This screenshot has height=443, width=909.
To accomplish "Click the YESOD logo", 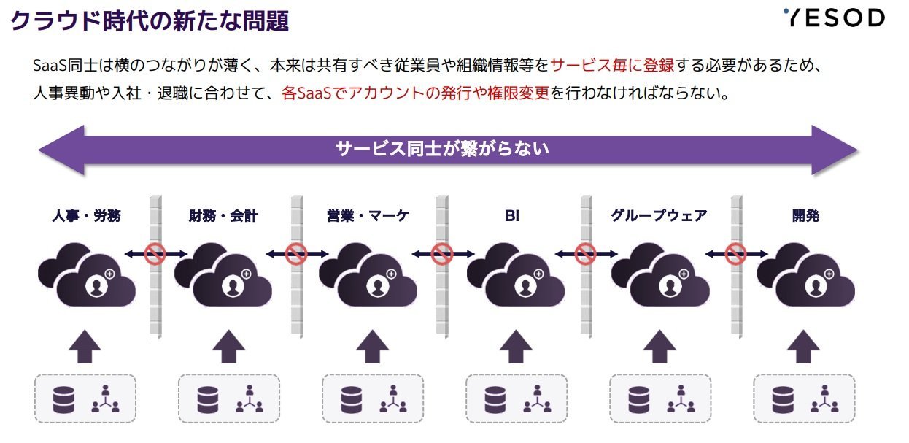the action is (x=834, y=18).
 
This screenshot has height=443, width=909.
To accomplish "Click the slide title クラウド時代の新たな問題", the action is (x=150, y=20).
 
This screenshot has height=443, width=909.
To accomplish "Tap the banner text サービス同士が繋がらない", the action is (x=442, y=149).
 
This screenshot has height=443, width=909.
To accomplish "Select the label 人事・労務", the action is (x=86, y=215).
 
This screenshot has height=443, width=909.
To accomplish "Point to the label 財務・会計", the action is (x=223, y=215).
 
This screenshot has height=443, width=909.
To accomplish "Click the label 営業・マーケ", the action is (x=368, y=215).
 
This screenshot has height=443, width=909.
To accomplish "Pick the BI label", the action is (x=512, y=215).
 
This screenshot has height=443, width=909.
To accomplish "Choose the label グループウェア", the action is (x=659, y=215).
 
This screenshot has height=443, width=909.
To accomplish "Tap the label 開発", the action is (x=805, y=215).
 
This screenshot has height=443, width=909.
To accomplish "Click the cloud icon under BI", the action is (x=515, y=275).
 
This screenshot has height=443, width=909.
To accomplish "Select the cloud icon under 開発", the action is (x=806, y=275).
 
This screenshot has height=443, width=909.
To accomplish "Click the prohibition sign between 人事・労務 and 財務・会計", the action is (x=155, y=254).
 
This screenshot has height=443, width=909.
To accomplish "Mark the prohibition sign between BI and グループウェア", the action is (x=585, y=254).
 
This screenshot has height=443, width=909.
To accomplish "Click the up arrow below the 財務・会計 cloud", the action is (x=228, y=347).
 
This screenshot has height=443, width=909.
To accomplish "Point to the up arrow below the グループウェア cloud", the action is (x=659, y=347).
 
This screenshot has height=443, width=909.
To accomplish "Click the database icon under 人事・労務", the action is (x=63, y=400).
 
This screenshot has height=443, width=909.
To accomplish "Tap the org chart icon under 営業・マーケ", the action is (x=393, y=398).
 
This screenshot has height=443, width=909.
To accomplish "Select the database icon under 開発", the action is (x=783, y=400).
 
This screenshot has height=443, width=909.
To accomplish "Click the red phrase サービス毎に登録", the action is (x=612, y=66).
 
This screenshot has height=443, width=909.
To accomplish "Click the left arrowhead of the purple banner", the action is (x=61, y=150).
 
